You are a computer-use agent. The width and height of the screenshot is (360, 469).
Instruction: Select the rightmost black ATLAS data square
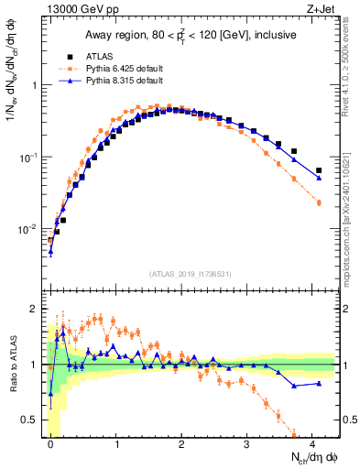[319, 170]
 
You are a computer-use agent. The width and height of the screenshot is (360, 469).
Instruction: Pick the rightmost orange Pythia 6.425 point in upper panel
[319, 202]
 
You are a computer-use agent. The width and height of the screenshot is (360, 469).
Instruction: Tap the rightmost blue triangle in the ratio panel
[319, 384]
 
